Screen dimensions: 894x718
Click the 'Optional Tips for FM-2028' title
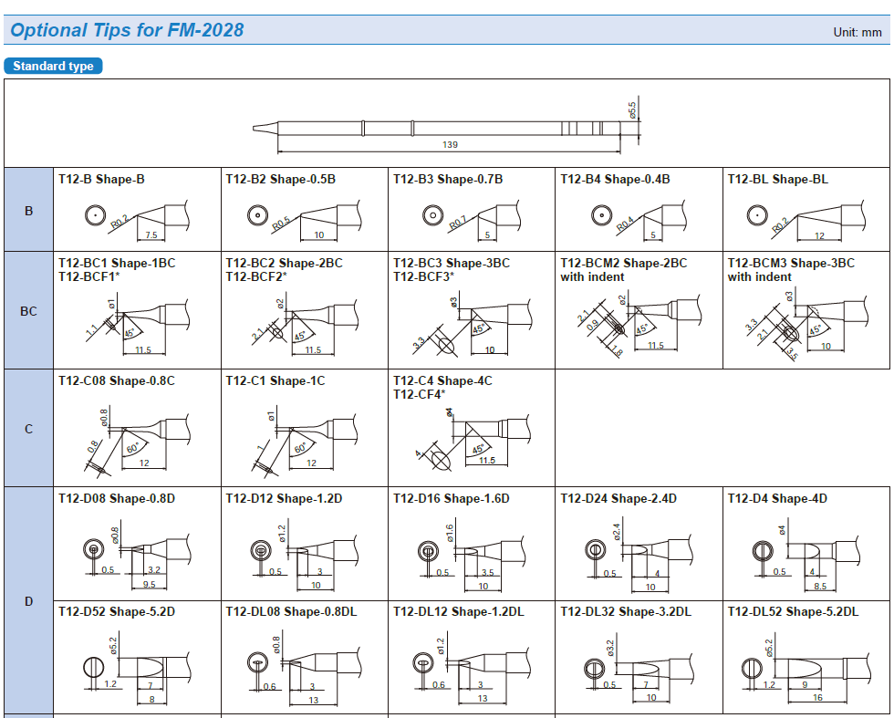point(127,30)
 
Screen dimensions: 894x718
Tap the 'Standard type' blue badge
point(53,66)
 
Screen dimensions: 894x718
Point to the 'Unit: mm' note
point(858,32)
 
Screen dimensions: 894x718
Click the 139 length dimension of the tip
point(450,145)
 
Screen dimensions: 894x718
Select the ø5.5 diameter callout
point(631,110)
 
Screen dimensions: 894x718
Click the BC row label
point(28,311)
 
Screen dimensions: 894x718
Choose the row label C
point(28,429)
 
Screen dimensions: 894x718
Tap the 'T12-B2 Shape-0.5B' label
point(281,179)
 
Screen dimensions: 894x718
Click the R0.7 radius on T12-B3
point(457,223)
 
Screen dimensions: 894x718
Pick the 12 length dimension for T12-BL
point(819,235)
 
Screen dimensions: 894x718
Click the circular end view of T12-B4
point(601,215)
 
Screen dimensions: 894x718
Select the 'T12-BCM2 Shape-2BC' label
point(624,263)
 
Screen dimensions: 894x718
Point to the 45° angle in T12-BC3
point(478,328)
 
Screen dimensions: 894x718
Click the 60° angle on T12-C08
point(132,448)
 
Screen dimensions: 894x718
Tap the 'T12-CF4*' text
point(419,394)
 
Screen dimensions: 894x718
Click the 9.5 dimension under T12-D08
point(150,584)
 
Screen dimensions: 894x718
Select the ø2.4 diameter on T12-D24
point(617,531)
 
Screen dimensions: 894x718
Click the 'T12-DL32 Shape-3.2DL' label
point(626,611)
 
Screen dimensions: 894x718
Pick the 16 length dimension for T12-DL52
point(817,697)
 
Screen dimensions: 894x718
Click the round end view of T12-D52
point(94,667)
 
